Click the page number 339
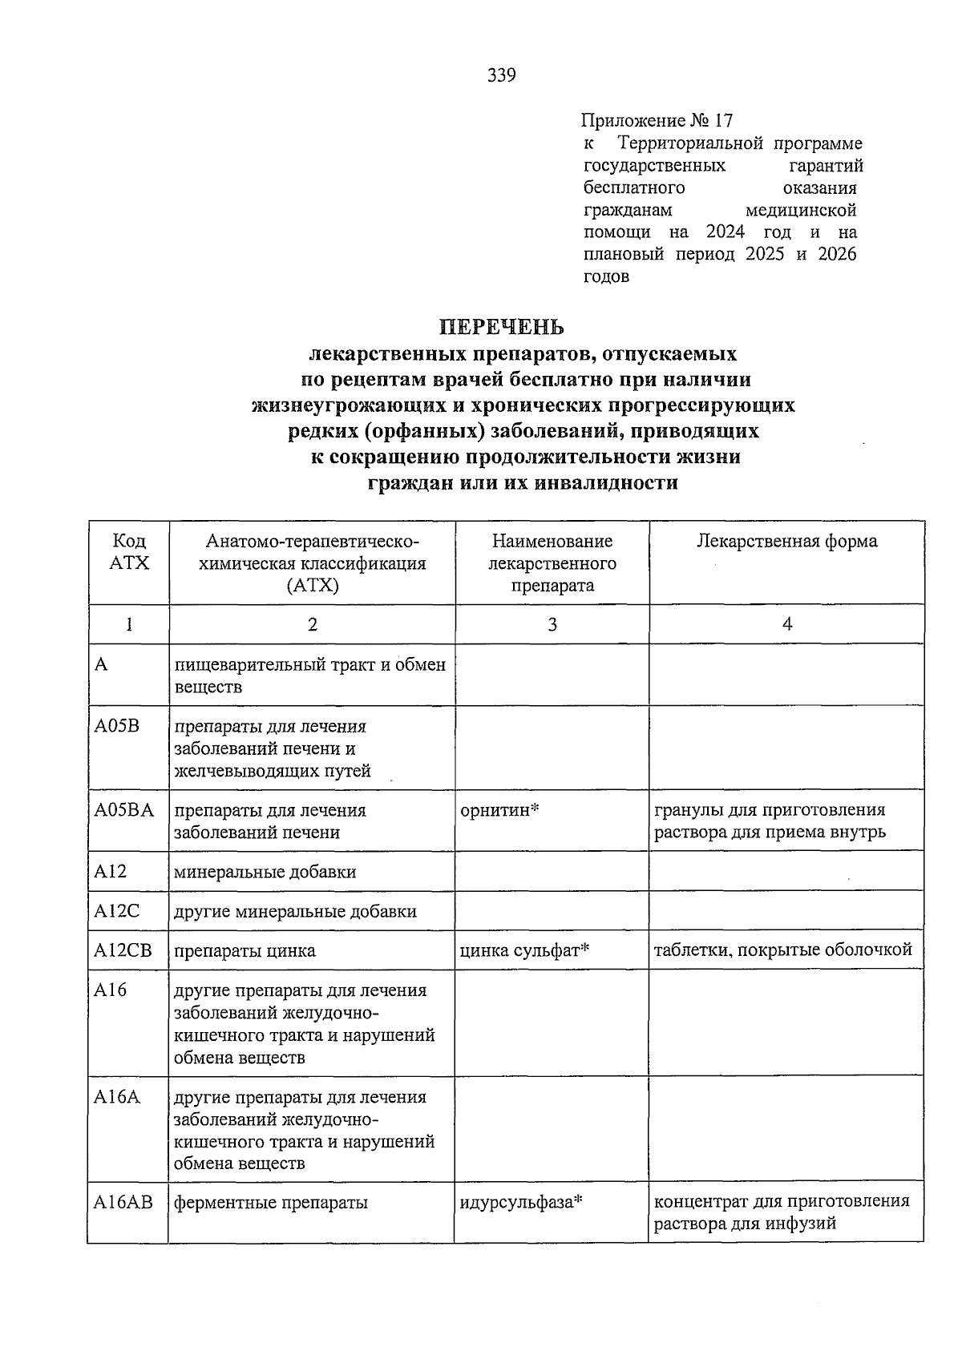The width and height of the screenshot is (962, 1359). pyautogui.click(x=502, y=76)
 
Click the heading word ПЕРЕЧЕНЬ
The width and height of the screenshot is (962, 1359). pyautogui.click(x=501, y=327)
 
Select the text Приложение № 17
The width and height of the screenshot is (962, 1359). pyautogui.click(x=657, y=121)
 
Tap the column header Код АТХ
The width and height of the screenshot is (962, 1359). pyautogui.click(x=128, y=552)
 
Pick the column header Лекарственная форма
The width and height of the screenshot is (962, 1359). pyautogui.click(x=786, y=541)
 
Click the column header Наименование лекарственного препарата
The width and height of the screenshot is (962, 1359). pyautogui.click(x=552, y=563)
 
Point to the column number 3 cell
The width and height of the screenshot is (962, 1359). pyautogui.click(x=552, y=624)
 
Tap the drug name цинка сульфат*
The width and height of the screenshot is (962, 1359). pyautogui.click(x=525, y=950)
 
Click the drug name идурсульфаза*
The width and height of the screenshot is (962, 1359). pyautogui.click(x=520, y=1203)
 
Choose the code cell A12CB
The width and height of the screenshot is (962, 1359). pyautogui.click(x=123, y=950)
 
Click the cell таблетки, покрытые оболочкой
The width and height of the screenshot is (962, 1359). pyautogui.click(x=782, y=950)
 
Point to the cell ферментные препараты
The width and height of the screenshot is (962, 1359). pyautogui.click(x=271, y=1203)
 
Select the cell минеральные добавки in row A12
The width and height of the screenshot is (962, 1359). pyautogui.click(x=265, y=872)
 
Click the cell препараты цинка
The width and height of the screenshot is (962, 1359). pyautogui.click(x=245, y=951)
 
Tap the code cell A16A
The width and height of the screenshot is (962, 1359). pyautogui.click(x=116, y=1097)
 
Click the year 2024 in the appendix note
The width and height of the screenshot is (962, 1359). pyautogui.click(x=726, y=232)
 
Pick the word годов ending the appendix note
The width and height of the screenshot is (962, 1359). pyautogui.click(x=605, y=277)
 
